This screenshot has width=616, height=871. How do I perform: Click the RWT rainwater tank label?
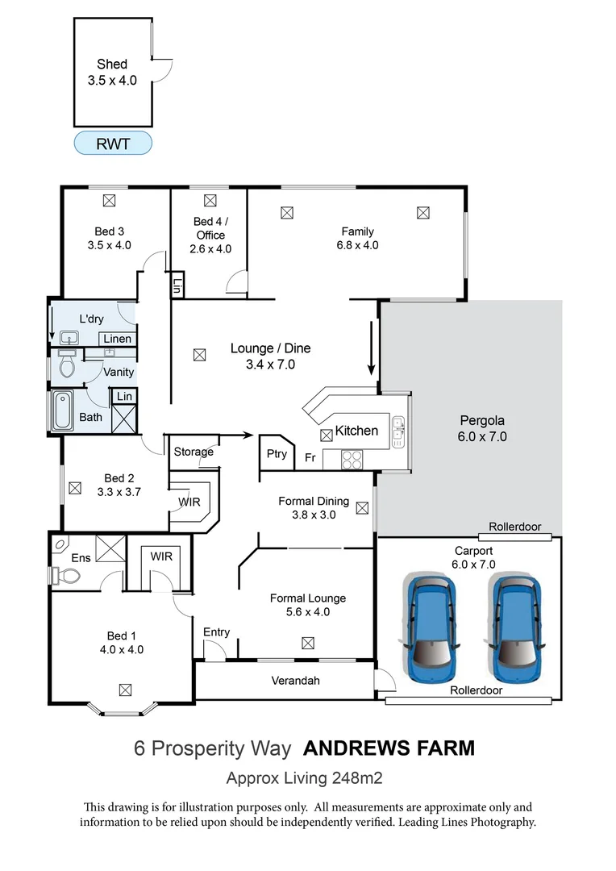point(112,143)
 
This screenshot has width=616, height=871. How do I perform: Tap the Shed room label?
point(112,65)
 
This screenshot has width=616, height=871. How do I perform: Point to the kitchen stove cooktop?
point(352,460)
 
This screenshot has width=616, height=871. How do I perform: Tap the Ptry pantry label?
point(277,454)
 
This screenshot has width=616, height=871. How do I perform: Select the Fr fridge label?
point(310,457)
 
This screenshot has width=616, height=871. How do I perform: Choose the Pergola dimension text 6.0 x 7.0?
point(483,437)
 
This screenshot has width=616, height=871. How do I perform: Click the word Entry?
point(216,631)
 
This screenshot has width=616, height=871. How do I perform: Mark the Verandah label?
point(294,681)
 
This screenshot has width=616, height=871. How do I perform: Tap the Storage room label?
point(194,452)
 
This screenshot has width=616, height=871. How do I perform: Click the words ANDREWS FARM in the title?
point(389,748)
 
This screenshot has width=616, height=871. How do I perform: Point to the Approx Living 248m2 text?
point(304,778)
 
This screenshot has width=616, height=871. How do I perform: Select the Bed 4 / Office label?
point(210,228)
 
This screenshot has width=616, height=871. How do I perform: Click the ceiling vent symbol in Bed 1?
point(124,690)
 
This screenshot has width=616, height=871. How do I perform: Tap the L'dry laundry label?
point(91,319)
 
